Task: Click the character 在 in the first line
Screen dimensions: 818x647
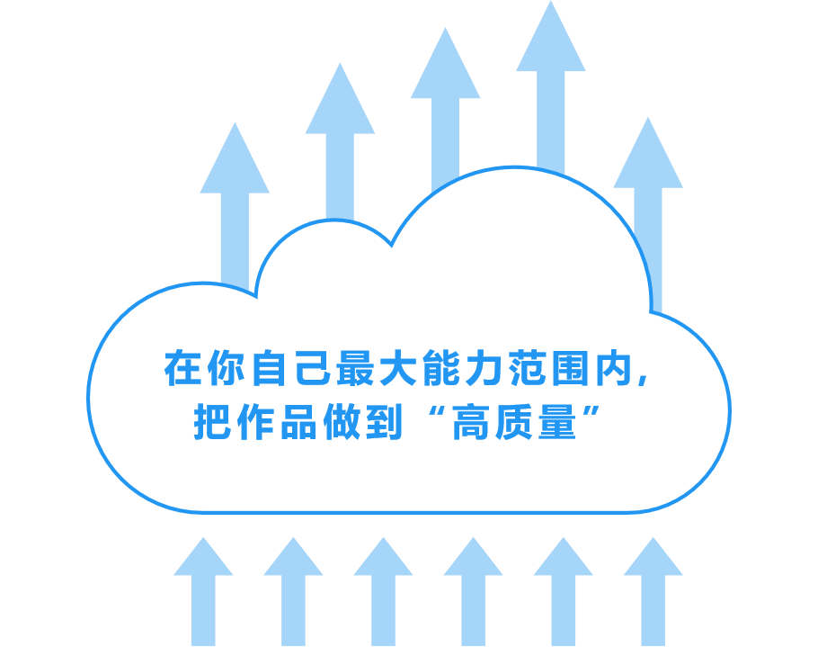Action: pyautogui.click(x=182, y=368)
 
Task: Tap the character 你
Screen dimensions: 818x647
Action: pyautogui.click(x=226, y=368)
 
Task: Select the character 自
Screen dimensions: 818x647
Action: pyautogui.click(x=269, y=368)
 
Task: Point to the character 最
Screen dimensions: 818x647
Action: pyautogui.click(x=355, y=368)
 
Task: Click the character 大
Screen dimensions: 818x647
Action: pyautogui.click(x=398, y=368)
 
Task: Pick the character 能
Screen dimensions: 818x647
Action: pyautogui.click(x=441, y=368)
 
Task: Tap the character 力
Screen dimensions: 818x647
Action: pyautogui.click(x=485, y=368)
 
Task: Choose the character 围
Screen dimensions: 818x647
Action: pyautogui.click(x=571, y=368)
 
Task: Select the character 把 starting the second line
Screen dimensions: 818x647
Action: pyautogui.click(x=212, y=422)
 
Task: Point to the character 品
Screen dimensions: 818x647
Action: pyautogui.click(x=298, y=422)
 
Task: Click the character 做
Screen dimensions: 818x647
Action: pyautogui.click(x=342, y=422)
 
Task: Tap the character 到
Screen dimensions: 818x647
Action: pyautogui.click(x=385, y=422)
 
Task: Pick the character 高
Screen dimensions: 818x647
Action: pyautogui.click(x=470, y=422)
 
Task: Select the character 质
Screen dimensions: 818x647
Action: pyautogui.click(x=514, y=422)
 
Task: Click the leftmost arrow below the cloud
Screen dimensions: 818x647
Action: pyautogui.click(x=203, y=591)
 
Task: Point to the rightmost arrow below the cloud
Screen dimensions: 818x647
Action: pyautogui.click(x=654, y=591)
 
